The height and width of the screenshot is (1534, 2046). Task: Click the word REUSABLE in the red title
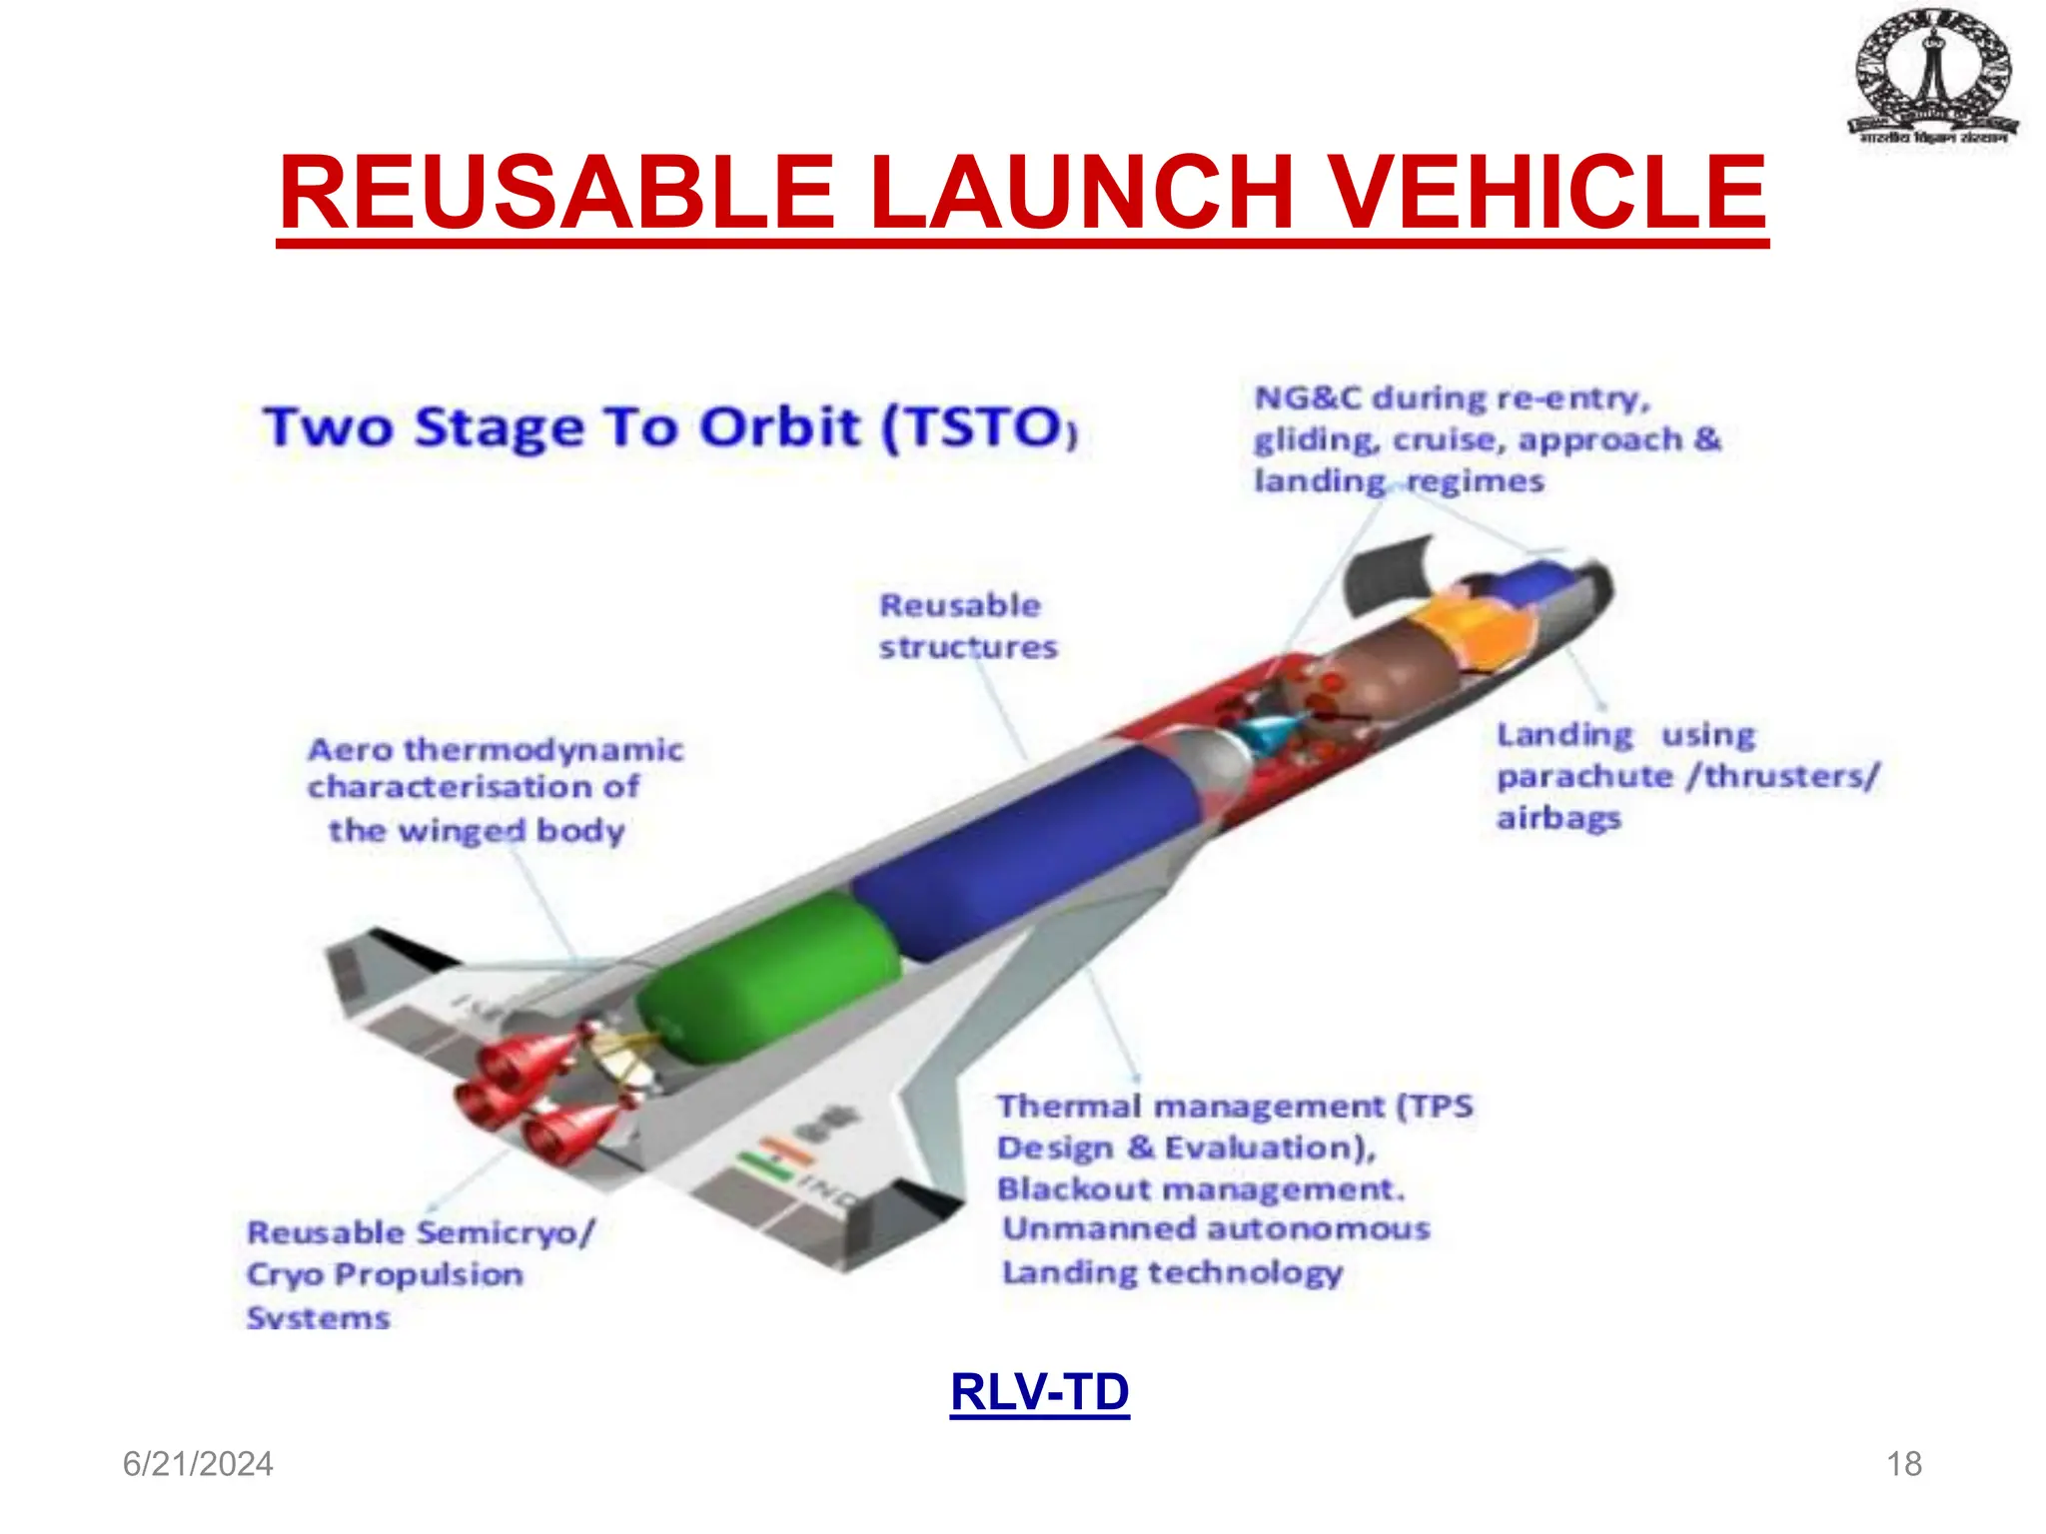556,193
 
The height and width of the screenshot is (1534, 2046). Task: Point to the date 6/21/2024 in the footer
198,1464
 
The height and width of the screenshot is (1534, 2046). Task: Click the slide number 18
1903,1464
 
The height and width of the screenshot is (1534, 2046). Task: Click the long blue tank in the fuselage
1029,859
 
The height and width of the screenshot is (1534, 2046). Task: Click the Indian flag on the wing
774,1158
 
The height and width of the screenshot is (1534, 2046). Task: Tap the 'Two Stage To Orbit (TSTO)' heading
669,427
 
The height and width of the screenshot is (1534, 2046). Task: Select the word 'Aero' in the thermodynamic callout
351,750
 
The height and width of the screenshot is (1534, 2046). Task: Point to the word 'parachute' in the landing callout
1584,776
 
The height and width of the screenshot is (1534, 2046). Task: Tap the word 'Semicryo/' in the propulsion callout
505,1233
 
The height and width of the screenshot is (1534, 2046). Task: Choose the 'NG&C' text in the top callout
1308,398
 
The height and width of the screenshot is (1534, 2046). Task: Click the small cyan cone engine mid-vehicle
1271,737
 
